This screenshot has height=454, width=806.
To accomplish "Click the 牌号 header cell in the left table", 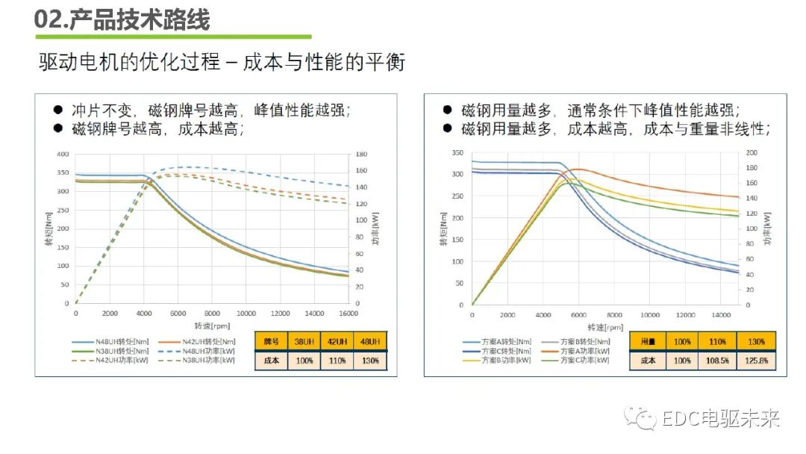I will click(272, 341).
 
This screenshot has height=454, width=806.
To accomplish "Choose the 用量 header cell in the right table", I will click(647, 341).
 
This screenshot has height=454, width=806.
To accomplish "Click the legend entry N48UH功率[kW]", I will click(201, 349).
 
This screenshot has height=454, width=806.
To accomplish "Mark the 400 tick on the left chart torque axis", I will click(63, 154).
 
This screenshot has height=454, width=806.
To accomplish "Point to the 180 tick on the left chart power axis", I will click(361, 155).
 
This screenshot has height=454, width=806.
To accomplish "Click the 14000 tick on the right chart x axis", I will click(720, 315).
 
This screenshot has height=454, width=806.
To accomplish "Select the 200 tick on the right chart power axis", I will click(752, 152).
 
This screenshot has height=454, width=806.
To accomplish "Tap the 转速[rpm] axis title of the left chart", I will click(211, 325).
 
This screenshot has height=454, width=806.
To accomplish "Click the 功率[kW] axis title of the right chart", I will click(768, 228).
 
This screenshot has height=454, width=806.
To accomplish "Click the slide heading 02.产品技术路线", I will click(122, 19).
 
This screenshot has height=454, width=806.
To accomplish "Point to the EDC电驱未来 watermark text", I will click(720, 419).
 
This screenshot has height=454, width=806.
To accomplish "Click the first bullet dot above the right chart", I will click(448, 110).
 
